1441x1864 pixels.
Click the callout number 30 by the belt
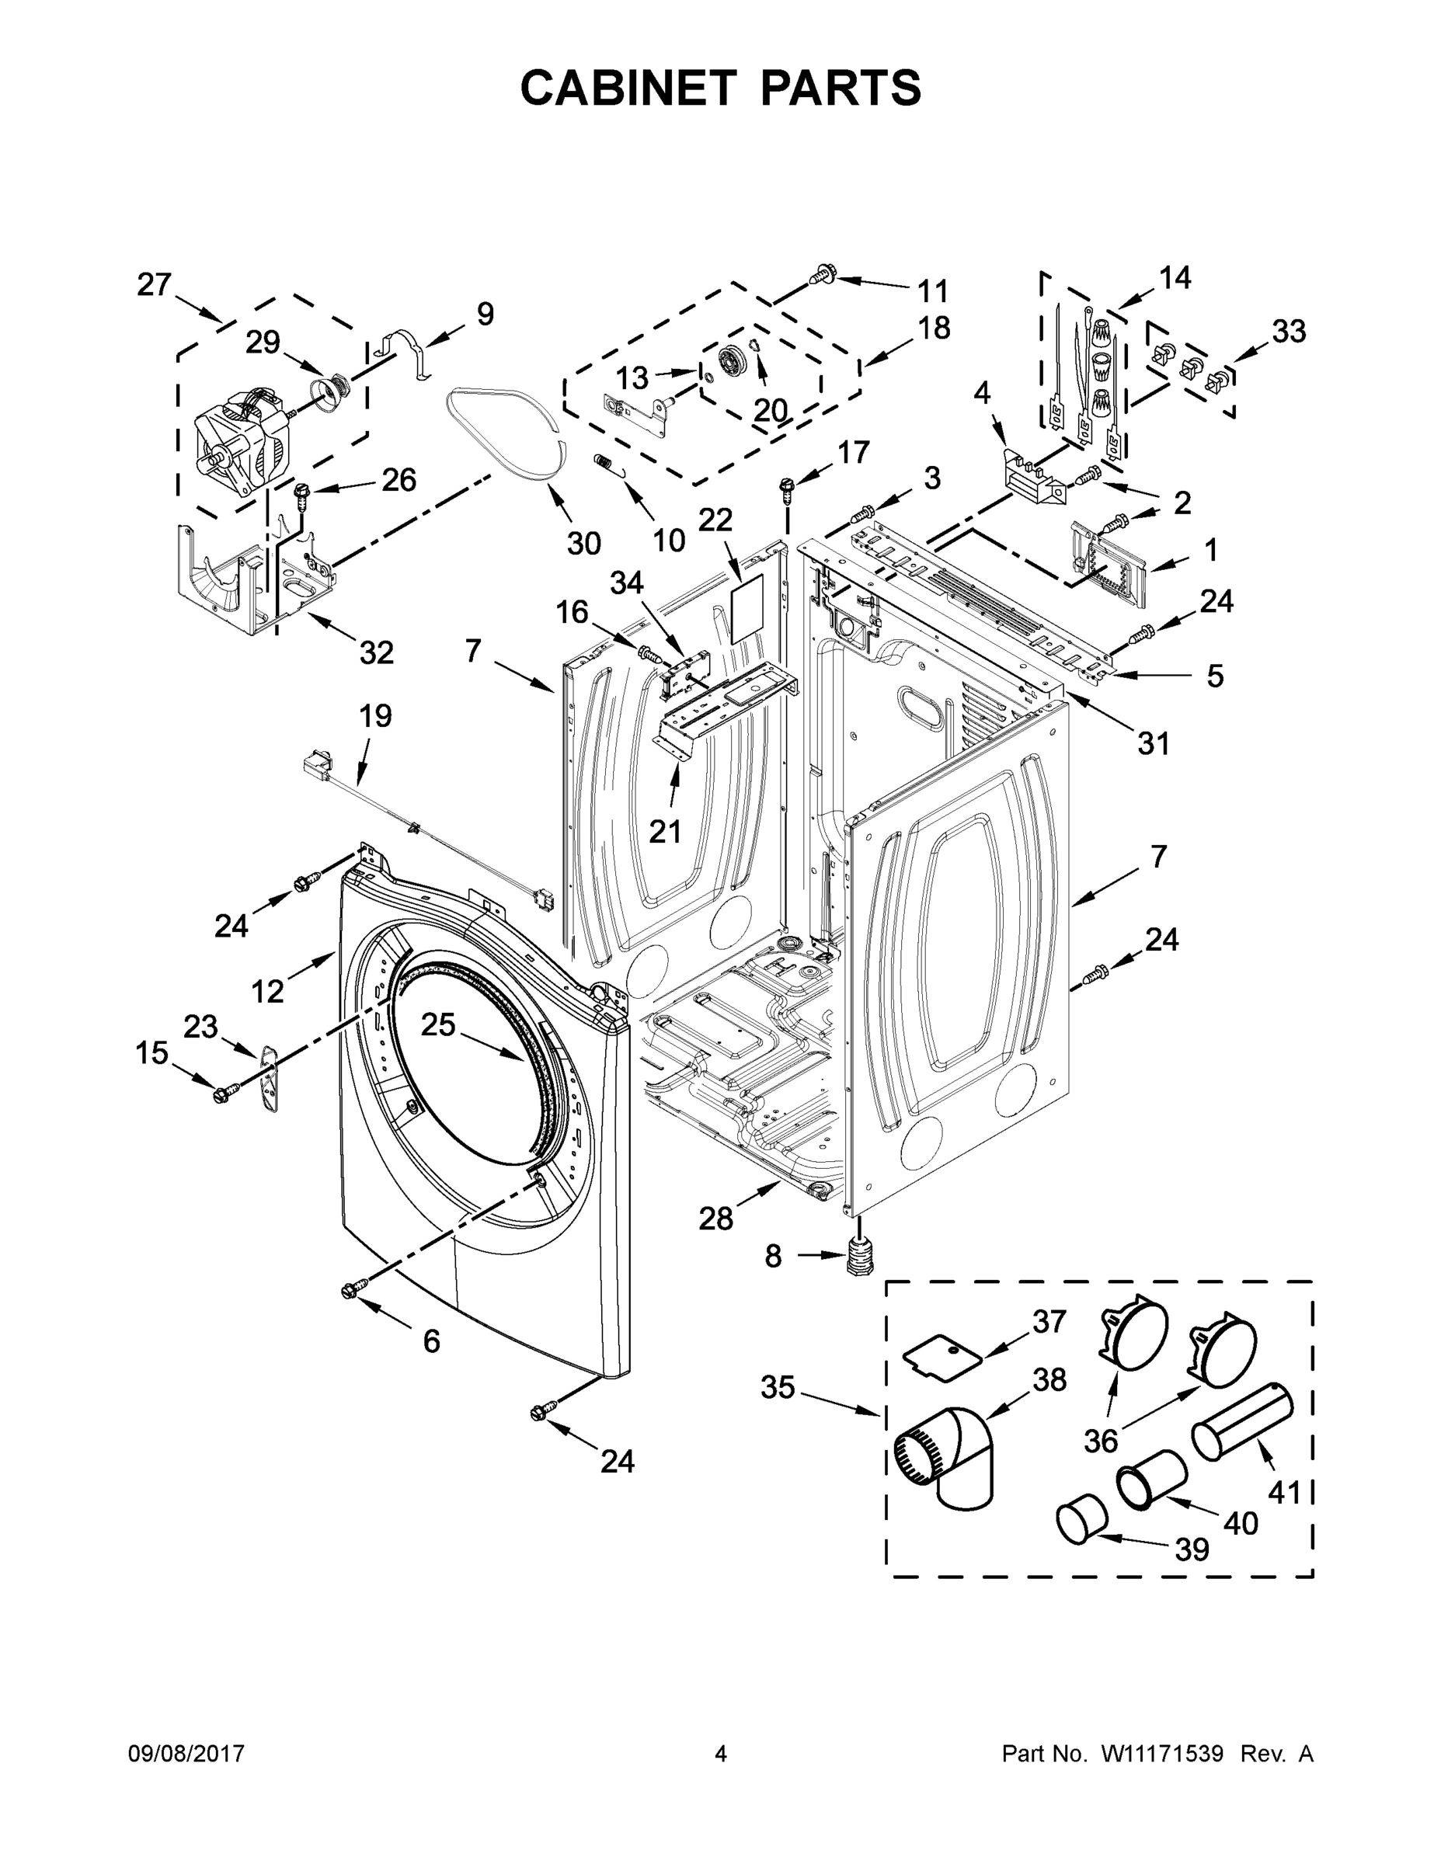tap(584, 543)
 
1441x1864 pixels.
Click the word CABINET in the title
tap(628, 88)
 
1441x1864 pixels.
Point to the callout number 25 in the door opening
tap(438, 1024)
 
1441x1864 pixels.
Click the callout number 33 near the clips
tap(1288, 331)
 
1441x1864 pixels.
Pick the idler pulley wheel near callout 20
tap(733, 360)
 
